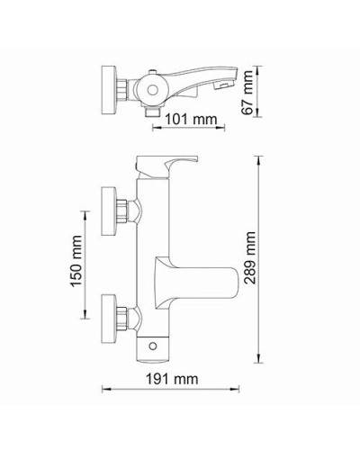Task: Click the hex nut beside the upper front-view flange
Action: (x=130, y=210)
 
